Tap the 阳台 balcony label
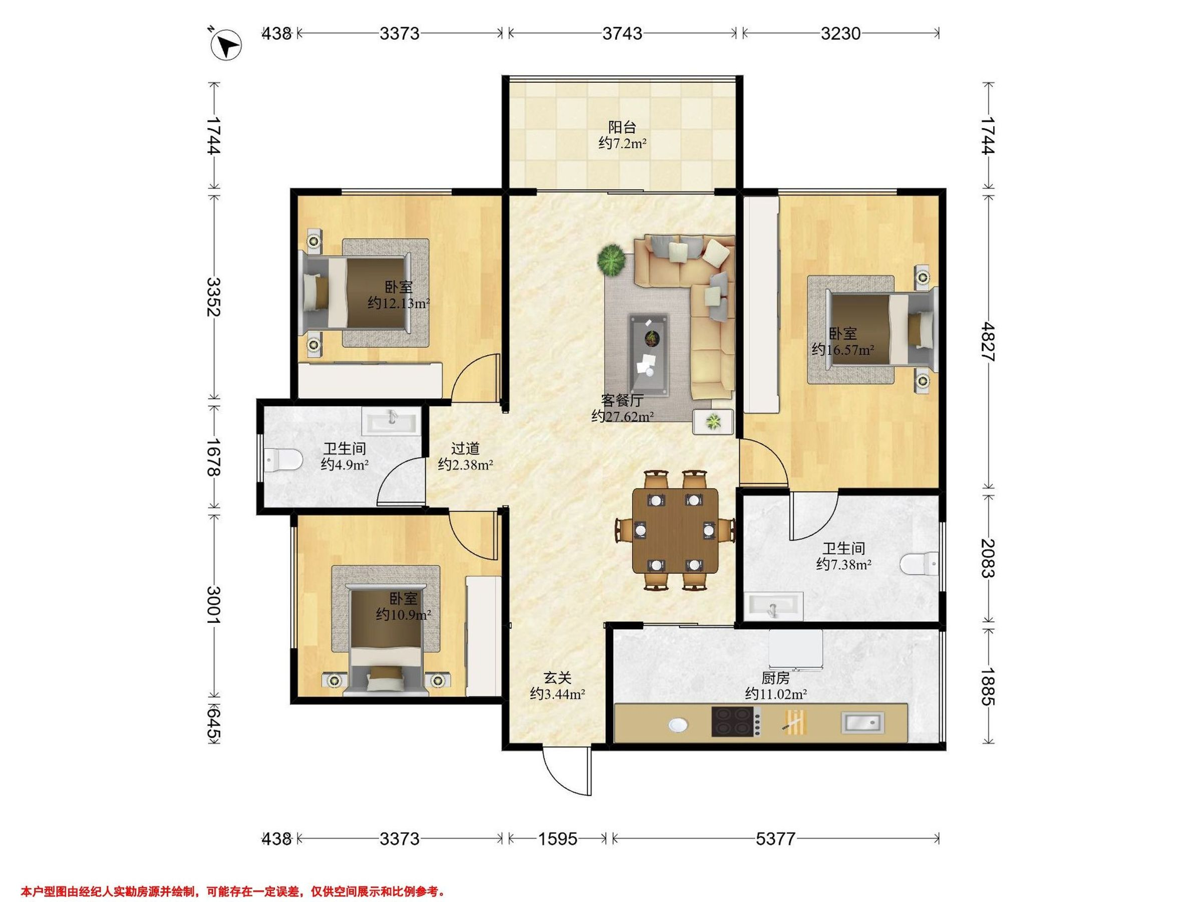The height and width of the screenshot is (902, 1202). click(622, 127)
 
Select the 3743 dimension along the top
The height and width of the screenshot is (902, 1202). click(622, 34)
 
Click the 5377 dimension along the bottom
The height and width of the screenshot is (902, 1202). click(775, 839)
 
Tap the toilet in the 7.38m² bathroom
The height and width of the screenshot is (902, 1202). click(919, 564)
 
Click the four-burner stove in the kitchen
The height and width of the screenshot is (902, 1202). click(736, 722)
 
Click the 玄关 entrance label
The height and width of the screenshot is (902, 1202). click(557, 678)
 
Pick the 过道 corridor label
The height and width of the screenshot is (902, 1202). click(465, 448)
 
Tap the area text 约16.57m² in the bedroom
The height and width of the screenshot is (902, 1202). click(843, 350)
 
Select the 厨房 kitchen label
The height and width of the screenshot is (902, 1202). click(775, 678)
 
